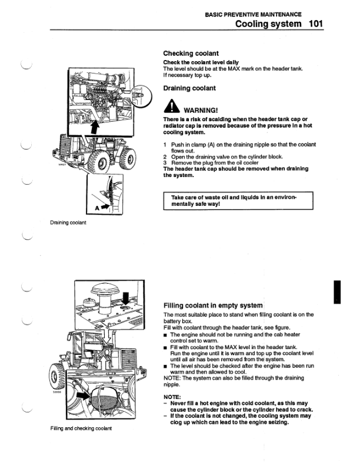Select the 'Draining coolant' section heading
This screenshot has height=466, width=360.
click(189, 88)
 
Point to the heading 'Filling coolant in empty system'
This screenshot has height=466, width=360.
click(212, 305)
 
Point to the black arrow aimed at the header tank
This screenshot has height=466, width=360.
click(89, 397)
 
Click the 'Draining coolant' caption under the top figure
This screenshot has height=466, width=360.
click(68, 223)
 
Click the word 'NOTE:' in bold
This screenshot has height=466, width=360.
click(173, 397)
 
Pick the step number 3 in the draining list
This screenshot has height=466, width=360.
click(165, 162)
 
